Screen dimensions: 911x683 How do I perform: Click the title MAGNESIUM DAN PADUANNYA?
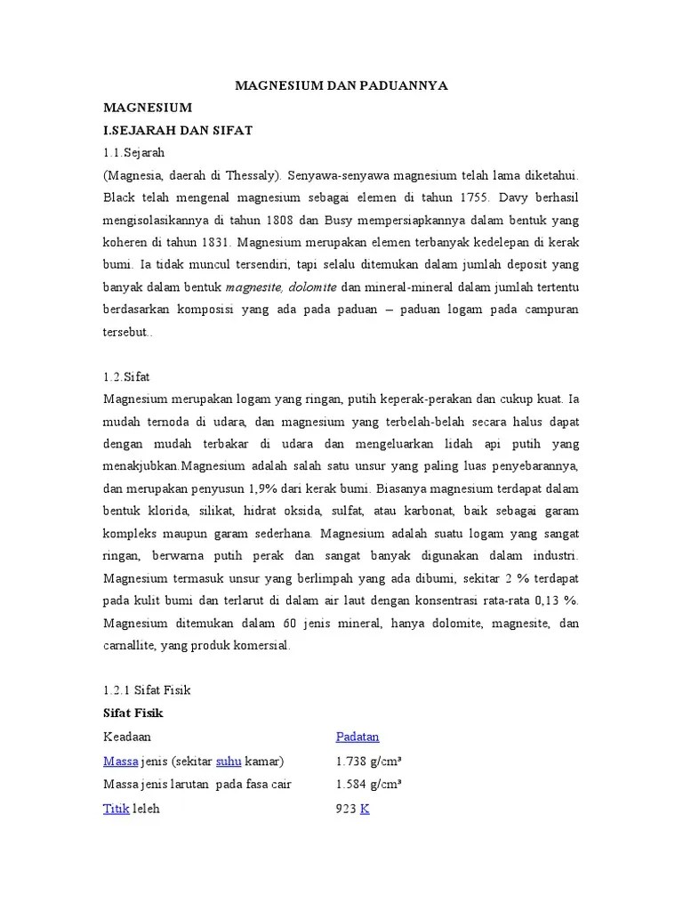341,85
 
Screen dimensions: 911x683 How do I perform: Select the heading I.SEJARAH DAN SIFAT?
178,130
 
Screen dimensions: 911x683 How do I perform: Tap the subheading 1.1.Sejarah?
134,152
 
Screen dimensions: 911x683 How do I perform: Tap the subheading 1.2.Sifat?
127,377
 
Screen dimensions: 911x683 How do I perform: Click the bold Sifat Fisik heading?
133,713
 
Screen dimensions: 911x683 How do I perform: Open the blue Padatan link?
358,736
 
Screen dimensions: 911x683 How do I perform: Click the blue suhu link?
229,761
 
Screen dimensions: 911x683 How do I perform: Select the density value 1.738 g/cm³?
368,761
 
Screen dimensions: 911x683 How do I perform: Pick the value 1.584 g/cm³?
368,784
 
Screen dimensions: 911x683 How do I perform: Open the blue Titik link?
116,809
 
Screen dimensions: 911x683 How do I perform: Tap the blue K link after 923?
365,809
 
